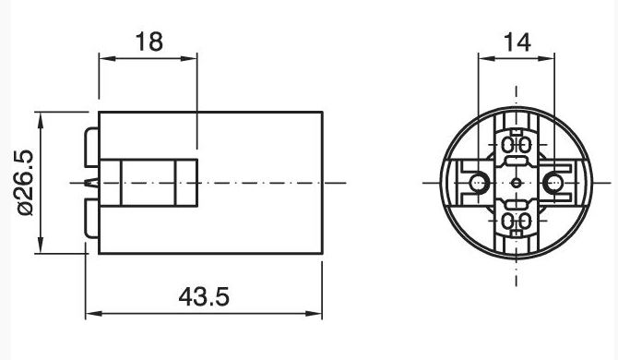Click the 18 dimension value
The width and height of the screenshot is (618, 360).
(149, 42)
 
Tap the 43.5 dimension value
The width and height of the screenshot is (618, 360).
(204, 296)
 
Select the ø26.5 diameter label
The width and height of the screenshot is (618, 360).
(24, 183)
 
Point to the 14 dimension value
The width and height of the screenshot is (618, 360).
(517, 42)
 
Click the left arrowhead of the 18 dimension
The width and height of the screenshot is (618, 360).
(107, 59)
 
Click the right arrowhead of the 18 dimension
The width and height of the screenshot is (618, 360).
(189, 59)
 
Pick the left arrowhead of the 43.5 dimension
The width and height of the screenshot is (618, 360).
(94, 314)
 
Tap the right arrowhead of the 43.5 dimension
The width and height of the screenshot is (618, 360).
(315, 314)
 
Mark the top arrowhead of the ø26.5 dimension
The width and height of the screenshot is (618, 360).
(41, 120)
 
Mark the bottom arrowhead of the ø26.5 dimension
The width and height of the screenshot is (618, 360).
(41, 246)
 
